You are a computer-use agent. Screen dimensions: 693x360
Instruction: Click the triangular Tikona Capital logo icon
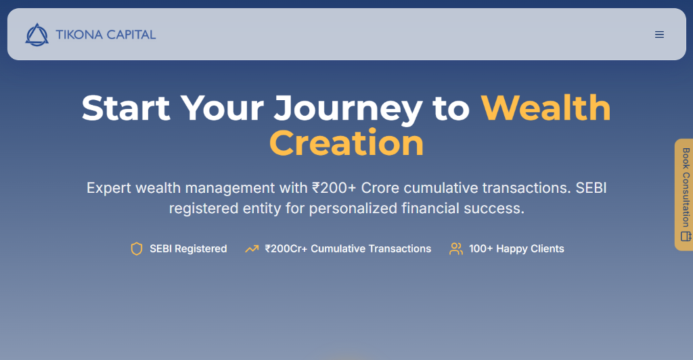tap(37, 35)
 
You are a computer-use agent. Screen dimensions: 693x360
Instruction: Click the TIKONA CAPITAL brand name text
tap(106, 35)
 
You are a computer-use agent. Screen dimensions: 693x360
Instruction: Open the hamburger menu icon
tap(659, 35)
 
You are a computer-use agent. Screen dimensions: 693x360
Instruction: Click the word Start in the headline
tap(126, 108)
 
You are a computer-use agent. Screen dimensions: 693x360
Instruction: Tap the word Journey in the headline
tap(348, 109)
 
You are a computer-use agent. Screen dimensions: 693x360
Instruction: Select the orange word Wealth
tap(546, 108)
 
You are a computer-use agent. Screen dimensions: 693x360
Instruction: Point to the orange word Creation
tap(346, 143)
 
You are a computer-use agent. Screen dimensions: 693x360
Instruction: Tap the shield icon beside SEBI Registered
tap(137, 249)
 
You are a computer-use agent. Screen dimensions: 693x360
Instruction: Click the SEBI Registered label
tap(188, 249)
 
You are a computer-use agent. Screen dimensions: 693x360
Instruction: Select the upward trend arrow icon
tap(252, 249)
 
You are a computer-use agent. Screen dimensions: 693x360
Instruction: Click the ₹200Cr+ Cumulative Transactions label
tap(348, 249)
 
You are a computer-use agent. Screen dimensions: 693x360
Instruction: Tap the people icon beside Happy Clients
tap(456, 249)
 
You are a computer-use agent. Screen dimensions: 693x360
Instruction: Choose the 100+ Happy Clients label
tap(516, 249)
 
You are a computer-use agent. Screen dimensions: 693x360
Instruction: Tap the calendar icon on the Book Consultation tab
tap(686, 236)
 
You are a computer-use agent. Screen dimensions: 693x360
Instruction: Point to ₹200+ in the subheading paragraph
tap(334, 188)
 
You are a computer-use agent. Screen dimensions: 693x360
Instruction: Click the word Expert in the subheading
tap(109, 188)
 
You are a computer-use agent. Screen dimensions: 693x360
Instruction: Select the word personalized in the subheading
tap(353, 208)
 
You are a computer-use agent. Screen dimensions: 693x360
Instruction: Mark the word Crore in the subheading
tap(380, 188)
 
